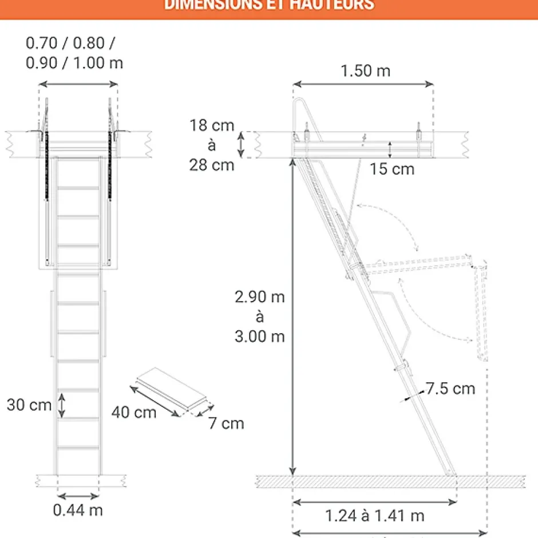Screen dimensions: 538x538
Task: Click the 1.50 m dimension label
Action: point(365,71)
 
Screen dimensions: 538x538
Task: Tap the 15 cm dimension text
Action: point(392,169)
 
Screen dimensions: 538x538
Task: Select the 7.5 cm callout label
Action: point(450,389)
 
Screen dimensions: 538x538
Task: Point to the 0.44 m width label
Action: point(78,510)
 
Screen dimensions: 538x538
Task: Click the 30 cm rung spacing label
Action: point(29,405)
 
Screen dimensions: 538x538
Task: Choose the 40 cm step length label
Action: point(134,412)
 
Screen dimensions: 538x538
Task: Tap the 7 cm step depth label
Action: point(226,424)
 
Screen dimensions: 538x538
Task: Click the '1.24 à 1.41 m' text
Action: point(375,516)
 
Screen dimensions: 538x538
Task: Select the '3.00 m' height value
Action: point(259,336)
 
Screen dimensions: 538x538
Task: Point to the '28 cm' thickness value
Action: point(212,165)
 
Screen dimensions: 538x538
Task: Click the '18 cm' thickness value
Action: point(212,126)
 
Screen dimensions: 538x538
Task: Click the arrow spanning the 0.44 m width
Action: point(78,496)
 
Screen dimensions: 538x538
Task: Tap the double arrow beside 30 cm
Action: point(62,405)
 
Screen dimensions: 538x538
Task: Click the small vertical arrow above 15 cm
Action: point(390,150)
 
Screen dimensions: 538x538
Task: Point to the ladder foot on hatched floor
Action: point(452,473)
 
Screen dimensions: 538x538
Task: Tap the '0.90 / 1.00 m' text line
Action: point(74,62)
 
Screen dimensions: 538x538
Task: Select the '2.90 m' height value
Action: point(259,297)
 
